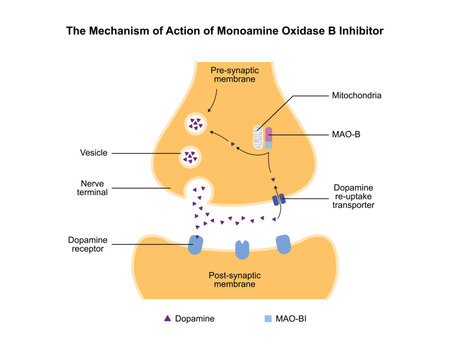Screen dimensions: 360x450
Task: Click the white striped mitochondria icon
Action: click(x=260, y=138)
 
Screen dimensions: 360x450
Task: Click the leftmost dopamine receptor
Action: click(x=196, y=244)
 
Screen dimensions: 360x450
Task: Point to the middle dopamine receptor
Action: click(x=240, y=247)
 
